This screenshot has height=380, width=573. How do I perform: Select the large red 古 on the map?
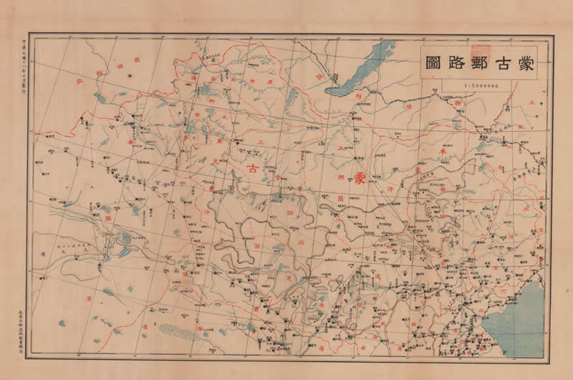tap(254, 169)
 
